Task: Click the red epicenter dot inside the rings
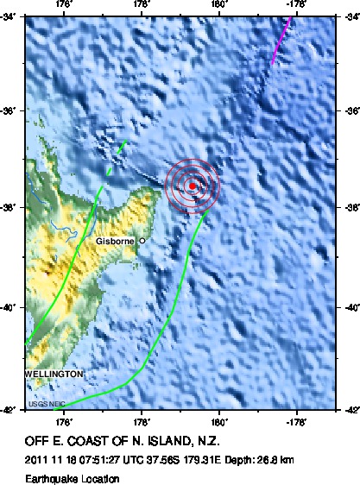pyautogui.click(x=192, y=185)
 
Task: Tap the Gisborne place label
pyautogui.click(x=114, y=241)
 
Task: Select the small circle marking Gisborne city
pyautogui.click(x=142, y=240)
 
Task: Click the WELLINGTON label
pyautogui.click(x=54, y=374)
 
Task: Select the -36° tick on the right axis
pyautogui.click(x=348, y=110)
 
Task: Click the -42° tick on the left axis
pyautogui.click(x=11, y=411)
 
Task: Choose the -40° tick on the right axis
pyautogui.click(x=348, y=306)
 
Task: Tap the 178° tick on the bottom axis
pyautogui.click(x=142, y=423)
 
